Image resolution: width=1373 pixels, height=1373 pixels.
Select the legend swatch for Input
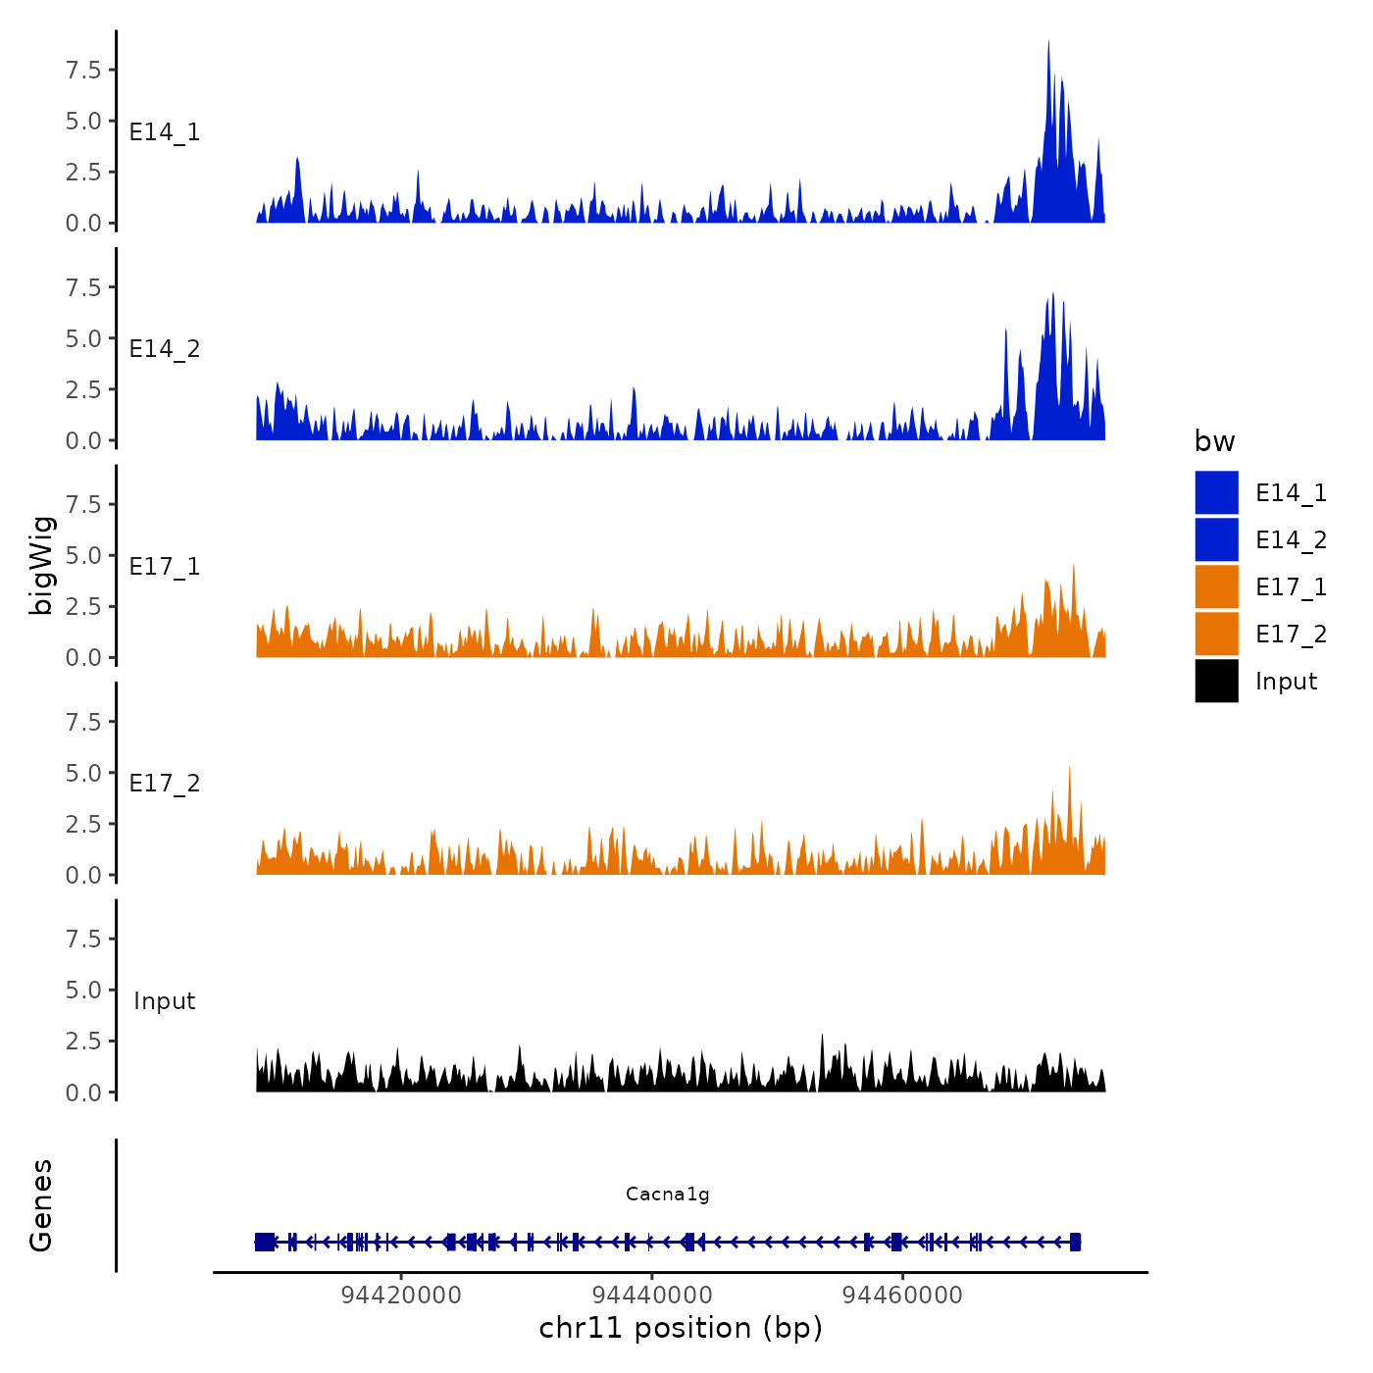coord(1216,681)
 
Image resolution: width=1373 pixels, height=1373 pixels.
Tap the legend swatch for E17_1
coord(1216,586)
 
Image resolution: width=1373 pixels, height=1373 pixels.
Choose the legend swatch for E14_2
coord(1216,539)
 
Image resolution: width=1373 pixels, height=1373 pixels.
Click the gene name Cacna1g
coord(667,1194)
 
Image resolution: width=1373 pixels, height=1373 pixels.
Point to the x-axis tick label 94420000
coord(401,1295)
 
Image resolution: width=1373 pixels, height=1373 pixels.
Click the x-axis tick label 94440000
coord(652,1295)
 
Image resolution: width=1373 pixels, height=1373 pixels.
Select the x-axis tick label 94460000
coord(903,1295)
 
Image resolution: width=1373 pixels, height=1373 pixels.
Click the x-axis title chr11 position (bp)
coord(681,1328)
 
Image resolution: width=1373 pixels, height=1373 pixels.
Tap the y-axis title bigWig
coord(42,565)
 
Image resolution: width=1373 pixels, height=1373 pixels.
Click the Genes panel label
coord(41,1205)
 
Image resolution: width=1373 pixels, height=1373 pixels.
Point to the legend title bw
coord(1214,441)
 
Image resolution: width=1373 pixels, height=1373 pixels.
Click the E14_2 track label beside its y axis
coord(165,349)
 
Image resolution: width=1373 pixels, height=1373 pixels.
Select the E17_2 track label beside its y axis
coord(165,784)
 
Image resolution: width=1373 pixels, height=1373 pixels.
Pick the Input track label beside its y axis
coord(165,1001)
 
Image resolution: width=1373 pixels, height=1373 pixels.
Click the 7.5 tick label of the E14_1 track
coord(83,70)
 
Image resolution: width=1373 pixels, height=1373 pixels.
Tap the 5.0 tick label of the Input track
coord(83,990)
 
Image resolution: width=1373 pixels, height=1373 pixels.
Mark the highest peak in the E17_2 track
coord(1069,768)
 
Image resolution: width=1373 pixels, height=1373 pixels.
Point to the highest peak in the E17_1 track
coord(1074,566)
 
